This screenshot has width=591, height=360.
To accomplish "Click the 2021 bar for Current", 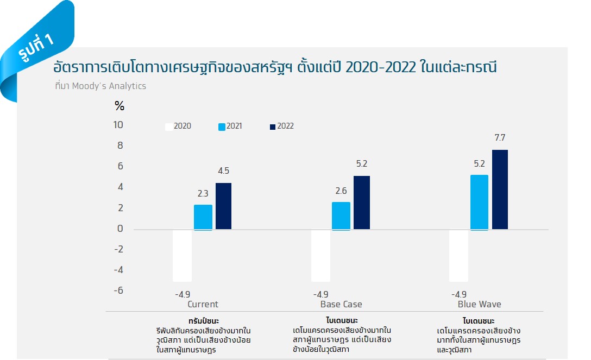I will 203,217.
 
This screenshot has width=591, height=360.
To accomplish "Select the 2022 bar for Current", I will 223,206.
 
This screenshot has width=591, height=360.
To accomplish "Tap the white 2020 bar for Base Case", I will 320,255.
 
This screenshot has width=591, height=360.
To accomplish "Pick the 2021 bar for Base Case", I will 341,216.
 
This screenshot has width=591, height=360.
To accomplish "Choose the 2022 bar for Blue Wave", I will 500,190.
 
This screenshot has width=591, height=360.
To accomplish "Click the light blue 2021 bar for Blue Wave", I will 479,202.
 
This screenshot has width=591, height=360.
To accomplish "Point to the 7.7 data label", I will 500,138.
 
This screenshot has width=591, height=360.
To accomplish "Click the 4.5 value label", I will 223,171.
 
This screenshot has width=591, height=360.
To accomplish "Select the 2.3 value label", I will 203,193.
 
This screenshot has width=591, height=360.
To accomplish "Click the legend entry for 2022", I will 281,127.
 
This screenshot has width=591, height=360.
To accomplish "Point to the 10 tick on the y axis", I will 118,125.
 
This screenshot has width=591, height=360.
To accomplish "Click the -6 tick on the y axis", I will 118,290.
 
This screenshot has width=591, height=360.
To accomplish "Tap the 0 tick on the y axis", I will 121,229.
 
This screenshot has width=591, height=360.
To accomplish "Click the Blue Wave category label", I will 479,304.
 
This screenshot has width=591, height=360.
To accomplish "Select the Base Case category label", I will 341,304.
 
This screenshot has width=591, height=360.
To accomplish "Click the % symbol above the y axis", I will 120,106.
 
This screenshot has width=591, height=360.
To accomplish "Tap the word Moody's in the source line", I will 90,86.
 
